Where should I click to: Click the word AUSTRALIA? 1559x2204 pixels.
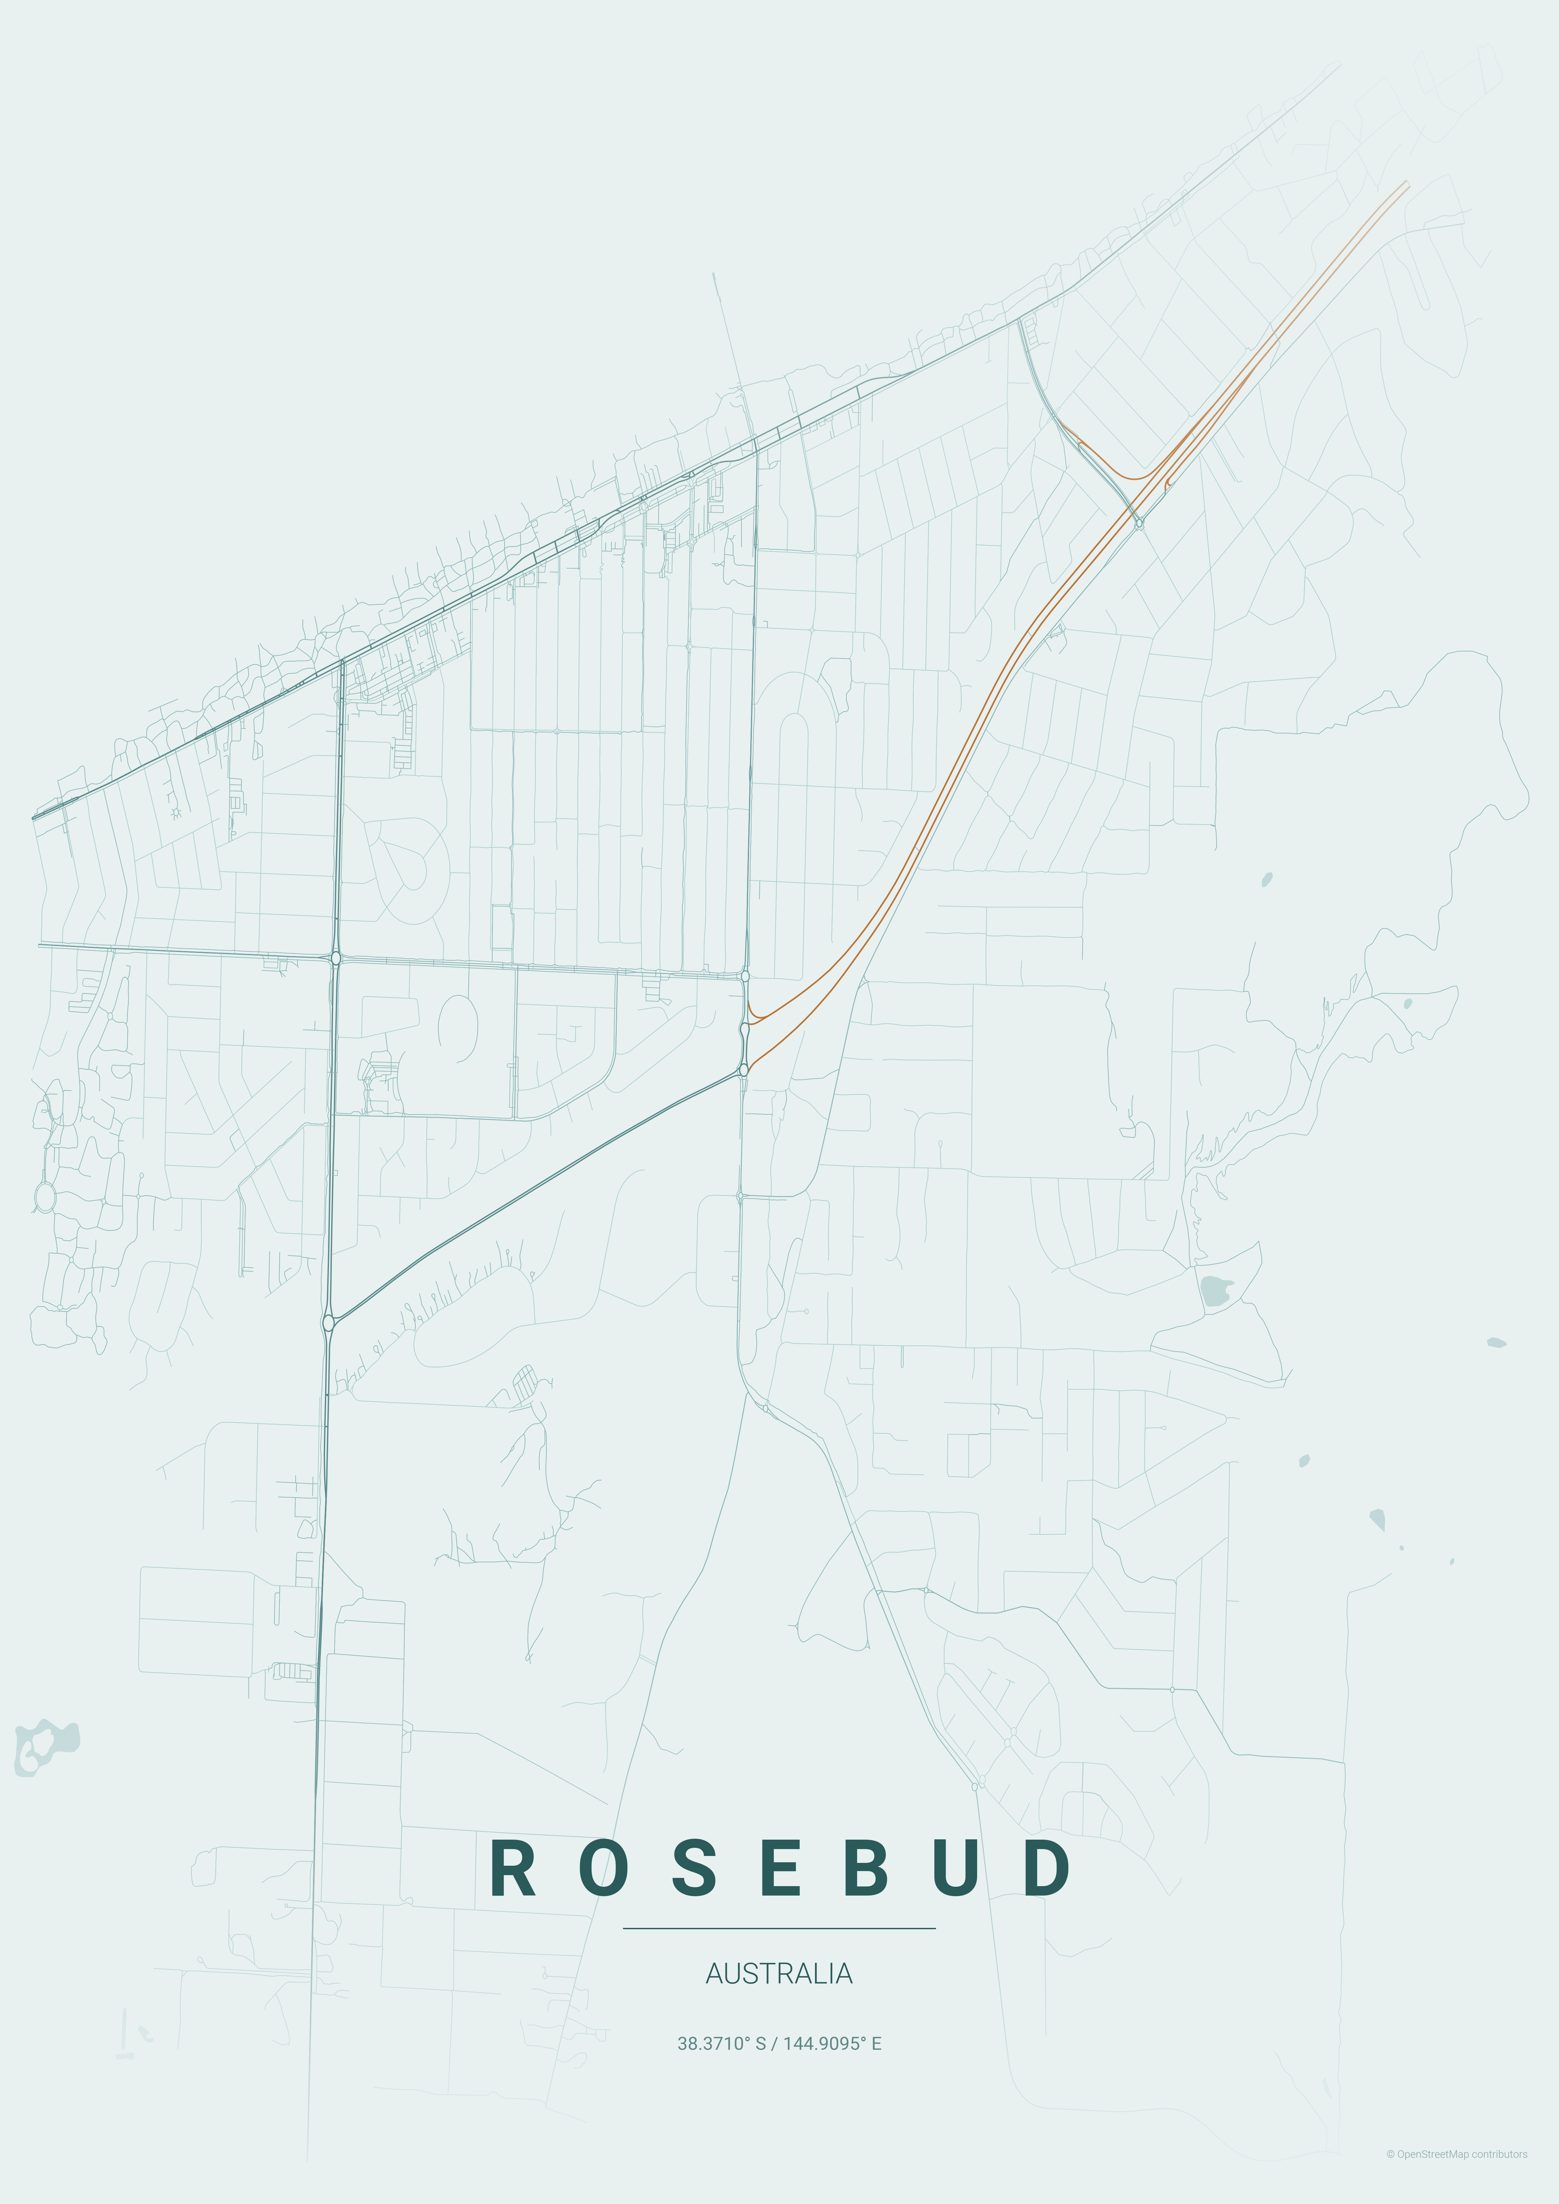pyautogui.click(x=779, y=1974)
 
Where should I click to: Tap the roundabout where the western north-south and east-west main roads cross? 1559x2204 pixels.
pyautogui.click(x=335, y=958)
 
